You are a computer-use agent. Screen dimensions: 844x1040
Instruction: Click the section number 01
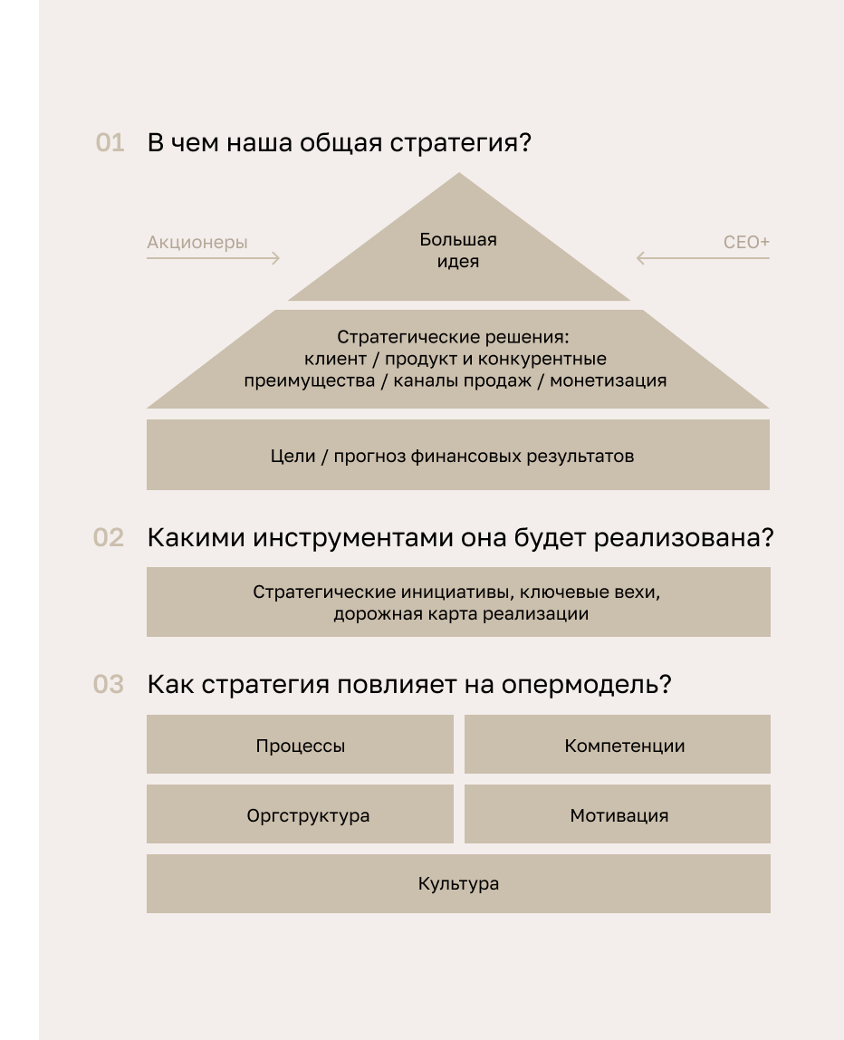(110, 142)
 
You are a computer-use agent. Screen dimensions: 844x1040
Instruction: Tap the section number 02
(109, 537)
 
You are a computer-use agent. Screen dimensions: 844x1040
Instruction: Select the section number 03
(109, 684)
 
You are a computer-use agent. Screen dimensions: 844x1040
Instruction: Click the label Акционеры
(197, 243)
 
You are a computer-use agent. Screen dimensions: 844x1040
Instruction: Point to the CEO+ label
(746, 242)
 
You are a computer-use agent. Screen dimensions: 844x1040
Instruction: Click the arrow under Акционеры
(213, 258)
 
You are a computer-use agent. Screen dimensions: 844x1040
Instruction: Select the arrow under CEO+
(703, 258)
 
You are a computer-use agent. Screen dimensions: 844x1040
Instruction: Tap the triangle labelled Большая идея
(459, 252)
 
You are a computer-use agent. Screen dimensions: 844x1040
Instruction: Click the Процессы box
(301, 744)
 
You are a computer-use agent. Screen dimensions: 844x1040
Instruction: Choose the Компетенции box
(618, 744)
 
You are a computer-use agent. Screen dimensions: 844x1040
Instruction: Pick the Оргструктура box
(301, 814)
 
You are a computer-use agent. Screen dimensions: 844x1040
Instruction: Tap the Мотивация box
(618, 814)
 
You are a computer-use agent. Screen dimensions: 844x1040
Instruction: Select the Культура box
(458, 883)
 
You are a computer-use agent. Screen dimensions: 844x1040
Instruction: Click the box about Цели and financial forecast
(458, 455)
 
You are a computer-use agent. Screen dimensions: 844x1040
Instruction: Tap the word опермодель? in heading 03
(586, 685)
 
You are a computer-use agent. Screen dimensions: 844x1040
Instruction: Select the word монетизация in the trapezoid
(608, 380)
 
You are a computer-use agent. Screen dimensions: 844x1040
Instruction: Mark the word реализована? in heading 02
(684, 538)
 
